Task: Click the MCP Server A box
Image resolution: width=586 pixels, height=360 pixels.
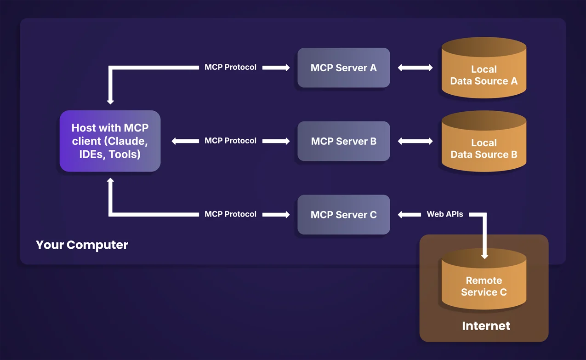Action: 343,68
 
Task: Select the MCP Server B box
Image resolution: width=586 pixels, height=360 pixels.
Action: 343,141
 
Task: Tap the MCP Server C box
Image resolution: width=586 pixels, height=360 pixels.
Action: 343,215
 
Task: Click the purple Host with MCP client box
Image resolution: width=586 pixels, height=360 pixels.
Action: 110,141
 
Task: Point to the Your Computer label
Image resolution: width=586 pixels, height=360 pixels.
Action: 82,245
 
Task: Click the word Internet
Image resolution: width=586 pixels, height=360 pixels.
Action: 486,326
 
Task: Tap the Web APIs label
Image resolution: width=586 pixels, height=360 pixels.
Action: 444,214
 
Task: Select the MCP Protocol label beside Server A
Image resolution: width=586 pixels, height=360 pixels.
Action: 230,68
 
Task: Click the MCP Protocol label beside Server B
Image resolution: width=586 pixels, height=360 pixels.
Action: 230,141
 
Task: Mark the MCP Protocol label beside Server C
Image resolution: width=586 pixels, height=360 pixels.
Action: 230,215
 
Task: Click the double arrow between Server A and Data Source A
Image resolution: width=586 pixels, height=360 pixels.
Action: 415,68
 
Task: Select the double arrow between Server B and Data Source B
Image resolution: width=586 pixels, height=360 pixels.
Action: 415,141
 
